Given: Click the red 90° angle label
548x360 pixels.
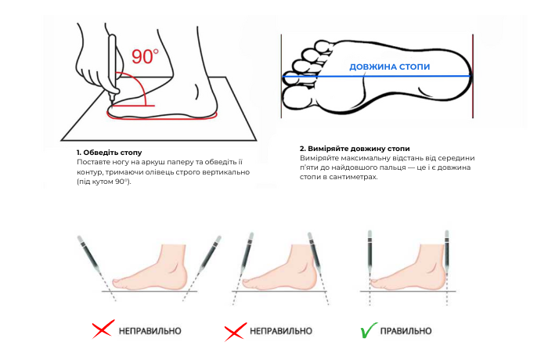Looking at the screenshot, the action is (x=145, y=56).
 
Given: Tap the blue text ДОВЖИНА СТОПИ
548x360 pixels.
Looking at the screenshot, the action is (x=390, y=67).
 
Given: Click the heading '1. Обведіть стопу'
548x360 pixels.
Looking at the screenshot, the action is (x=110, y=153).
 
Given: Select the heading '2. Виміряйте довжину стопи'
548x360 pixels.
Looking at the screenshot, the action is (x=355, y=149).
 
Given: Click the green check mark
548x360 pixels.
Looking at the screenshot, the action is (x=369, y=330).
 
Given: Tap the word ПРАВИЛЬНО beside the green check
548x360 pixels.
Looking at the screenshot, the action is (x=406, y=330).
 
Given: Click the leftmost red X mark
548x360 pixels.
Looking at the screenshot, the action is (x=103, y=329).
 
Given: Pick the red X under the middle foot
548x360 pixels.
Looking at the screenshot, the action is (x=235, y=331).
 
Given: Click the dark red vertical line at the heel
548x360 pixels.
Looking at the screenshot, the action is (x=473, y=76).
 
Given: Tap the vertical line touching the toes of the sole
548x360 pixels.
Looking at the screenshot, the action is (x=281, y=76).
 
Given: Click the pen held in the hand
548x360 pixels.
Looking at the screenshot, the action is (x=113, y=67).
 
